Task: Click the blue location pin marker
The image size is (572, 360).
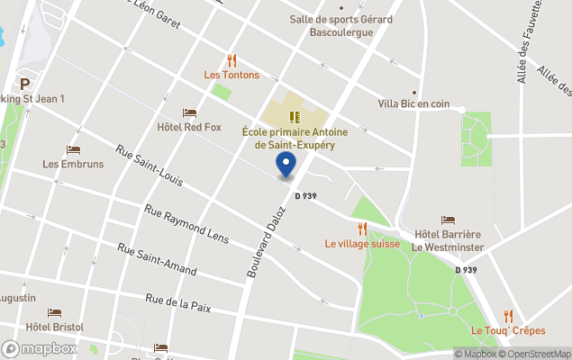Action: (x=286, y=165)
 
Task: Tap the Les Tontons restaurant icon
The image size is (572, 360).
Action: (x=232, y=60)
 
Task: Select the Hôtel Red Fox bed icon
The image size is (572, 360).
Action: (x=189, y=112)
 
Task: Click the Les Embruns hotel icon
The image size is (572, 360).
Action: (x=73, y=149)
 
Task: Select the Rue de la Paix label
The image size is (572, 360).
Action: (x=177, y=302)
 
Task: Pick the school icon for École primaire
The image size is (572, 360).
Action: (x=294, y=116)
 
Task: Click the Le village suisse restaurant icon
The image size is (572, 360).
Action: (x=362, y=229)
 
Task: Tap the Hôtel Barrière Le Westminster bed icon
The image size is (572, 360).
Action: (x=448, y=220)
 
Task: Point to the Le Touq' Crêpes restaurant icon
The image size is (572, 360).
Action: (x=508, y=315)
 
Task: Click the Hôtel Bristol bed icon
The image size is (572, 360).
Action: (x=55, y=313)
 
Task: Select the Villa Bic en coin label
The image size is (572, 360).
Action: (x=414, y=103)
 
